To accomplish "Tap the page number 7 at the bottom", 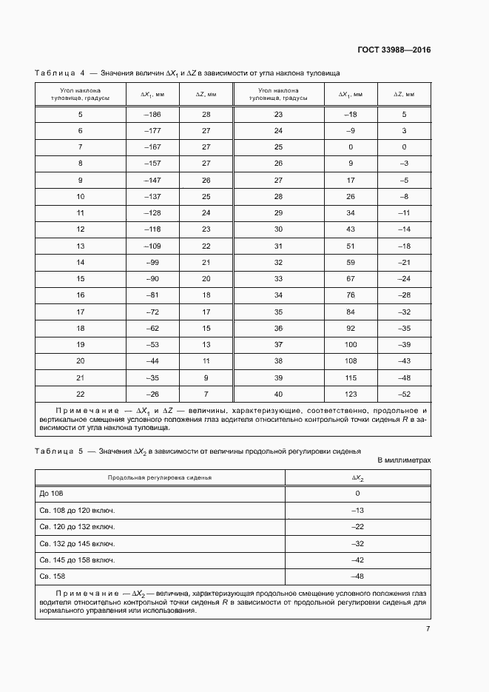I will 428,629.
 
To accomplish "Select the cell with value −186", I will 152,114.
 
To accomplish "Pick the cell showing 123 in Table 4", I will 351,394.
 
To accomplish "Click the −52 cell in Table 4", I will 404,394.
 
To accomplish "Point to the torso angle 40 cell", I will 278,394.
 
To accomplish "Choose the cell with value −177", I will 152,130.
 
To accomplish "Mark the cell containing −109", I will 152,246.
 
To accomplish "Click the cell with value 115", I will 351,377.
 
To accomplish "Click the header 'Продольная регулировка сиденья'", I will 159,477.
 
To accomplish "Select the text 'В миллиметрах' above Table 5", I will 404,460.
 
